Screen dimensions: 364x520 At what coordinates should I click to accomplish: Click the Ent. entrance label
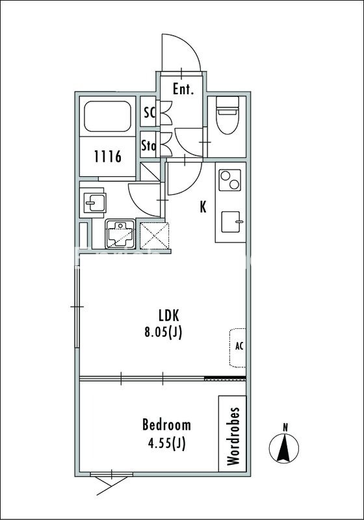(183, 89)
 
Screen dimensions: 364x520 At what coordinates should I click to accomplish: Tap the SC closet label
(149, 112)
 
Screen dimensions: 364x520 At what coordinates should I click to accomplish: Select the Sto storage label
(148, 145)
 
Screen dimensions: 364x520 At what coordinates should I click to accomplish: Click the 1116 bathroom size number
(108, 156)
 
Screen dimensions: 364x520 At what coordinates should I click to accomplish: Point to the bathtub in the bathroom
(107, 116)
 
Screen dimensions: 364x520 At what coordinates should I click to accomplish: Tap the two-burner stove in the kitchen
(229, 180)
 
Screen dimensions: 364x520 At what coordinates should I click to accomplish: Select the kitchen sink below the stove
(231, 222)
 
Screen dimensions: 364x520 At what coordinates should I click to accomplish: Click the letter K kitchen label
(203, 207)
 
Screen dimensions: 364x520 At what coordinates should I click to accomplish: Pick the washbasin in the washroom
(94, 202)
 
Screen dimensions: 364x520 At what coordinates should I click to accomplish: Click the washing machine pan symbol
(120, 234)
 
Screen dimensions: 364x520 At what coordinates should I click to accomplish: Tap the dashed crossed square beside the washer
(155, 235)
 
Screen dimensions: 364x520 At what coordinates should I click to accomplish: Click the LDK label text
(169, 315)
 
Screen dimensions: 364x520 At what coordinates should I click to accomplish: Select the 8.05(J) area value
(163, 332)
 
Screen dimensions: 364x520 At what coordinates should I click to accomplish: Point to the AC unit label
(239, 346)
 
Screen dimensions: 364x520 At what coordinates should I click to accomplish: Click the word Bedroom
(166, 424)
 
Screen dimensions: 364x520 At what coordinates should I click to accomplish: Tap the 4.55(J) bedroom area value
(166, 443)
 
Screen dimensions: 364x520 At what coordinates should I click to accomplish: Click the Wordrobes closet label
(233, 436)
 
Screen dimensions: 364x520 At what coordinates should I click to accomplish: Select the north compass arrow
(284, 448)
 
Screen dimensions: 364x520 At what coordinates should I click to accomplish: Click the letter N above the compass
(285, 428)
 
